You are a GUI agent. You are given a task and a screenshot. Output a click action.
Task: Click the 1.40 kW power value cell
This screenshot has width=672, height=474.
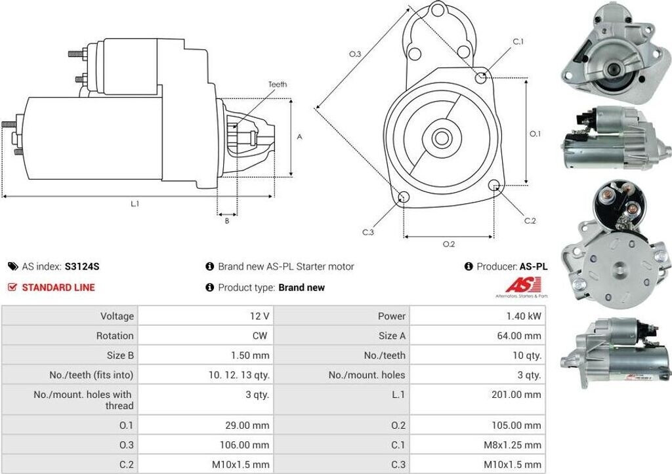pyautogui.click(x=523, y=316)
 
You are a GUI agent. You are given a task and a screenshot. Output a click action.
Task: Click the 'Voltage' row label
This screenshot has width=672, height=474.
pyautogui.click(x=117, y=316)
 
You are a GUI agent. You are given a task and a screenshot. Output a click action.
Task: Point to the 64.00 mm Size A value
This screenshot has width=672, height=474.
pyautogui.click(x=519, y=336)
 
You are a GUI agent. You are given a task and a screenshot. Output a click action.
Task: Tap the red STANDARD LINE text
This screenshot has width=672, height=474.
pyautogui.click(x=58, y=287)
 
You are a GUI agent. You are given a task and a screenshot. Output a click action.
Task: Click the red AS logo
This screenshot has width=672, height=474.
pyautogui.click(x=523, y=285)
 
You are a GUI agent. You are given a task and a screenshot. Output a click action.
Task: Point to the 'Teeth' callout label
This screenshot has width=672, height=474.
pyautogui.click(x=278, y=85)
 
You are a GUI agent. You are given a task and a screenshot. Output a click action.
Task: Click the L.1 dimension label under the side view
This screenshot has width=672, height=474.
pyautogui.click(x=135, y=204)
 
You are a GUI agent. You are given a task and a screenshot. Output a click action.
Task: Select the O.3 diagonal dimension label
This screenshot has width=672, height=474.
pyautogui.click(x=354, y=54)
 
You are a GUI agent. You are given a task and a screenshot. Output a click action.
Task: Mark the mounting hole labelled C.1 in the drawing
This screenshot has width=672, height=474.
pyautogui.click(x=481, y=77)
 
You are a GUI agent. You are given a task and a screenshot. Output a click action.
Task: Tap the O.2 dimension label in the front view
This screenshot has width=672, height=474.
pyautogui.click(x=449, y=244)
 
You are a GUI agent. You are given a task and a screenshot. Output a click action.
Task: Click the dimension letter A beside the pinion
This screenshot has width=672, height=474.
pyautogui.click(x=300, y=137)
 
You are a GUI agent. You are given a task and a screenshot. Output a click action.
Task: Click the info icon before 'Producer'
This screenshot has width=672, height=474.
pyautogui.click(x=469, y=267)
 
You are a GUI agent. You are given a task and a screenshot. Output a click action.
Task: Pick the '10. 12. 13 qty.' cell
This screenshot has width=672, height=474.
pyautogui.click(x=235, y=375)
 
